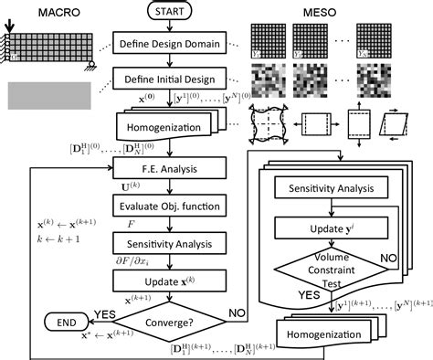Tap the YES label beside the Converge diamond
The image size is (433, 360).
(x=105, y=312)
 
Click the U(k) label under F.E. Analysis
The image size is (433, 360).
(x=127, y=185)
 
